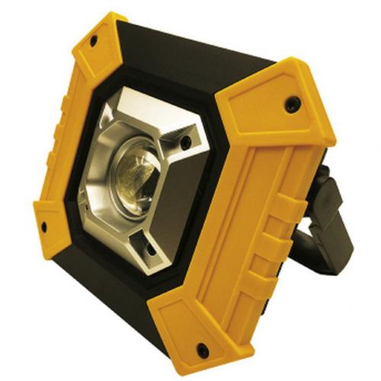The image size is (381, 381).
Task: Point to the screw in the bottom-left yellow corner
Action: point(43,226)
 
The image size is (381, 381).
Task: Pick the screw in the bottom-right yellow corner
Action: point(203,350)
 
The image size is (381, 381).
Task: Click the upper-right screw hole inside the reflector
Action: point(184,142)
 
